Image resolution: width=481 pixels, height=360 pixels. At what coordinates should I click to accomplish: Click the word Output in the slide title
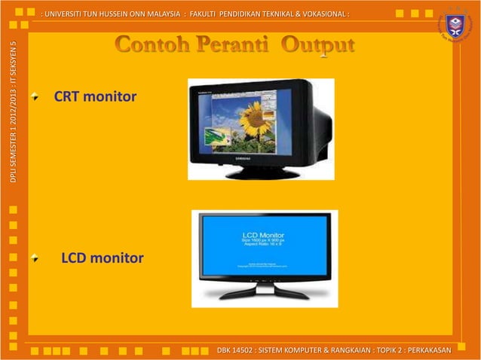318,46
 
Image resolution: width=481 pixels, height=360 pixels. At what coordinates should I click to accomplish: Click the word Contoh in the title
152,45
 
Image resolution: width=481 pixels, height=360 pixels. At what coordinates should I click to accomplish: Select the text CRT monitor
95,97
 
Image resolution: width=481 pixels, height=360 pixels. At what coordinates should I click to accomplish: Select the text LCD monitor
102,259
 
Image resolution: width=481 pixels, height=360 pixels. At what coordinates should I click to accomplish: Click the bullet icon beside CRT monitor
35,97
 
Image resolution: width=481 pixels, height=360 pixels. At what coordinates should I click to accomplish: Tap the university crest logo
455,26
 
